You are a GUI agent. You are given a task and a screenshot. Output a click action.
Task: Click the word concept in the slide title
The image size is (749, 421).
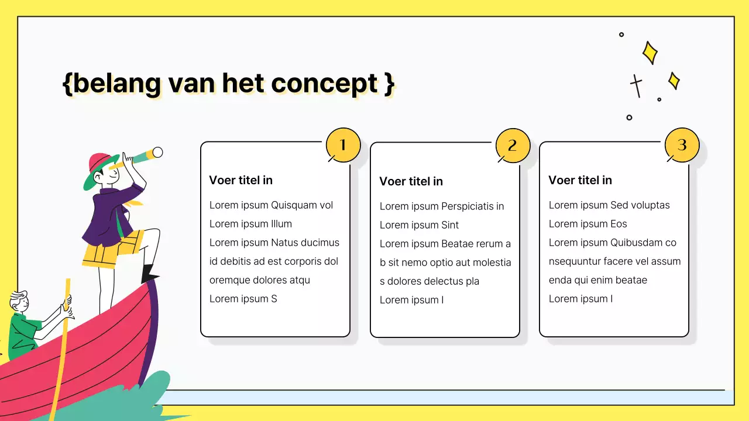(x=324, y=84)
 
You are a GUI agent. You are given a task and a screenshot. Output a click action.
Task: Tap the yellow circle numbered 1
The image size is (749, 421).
(x=342, y=145)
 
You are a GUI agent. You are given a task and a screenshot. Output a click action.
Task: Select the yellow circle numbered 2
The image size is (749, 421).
(x=513, y=146)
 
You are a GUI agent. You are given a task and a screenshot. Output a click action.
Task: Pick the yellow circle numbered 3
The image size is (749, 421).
(x=682, y=145)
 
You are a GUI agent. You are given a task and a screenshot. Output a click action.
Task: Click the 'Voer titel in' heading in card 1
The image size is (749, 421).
(x=240, y=180)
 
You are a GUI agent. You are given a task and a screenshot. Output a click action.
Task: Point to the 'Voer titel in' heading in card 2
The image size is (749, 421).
(x=411, y=181)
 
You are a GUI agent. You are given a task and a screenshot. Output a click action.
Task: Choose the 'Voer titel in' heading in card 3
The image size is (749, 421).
(x=580, y=180)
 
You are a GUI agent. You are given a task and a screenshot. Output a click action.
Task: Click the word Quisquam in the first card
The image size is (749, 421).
(x=293, y=205)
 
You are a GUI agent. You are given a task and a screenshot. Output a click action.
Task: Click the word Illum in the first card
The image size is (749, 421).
(x=281, y=224)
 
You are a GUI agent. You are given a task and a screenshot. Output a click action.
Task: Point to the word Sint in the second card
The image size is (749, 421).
(x=450, y=225)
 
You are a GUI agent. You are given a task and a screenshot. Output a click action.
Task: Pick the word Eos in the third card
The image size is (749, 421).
(x=619, y=224)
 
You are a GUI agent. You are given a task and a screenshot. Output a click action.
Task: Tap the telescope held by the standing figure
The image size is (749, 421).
(x=143, y=156)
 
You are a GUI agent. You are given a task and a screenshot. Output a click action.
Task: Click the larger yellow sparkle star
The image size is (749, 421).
(x=650, y=53)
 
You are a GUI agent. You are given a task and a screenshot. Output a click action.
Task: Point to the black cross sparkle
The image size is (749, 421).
(x=636, y=85)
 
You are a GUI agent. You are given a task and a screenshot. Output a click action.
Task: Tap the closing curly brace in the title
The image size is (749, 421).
(x=389, y=84)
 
